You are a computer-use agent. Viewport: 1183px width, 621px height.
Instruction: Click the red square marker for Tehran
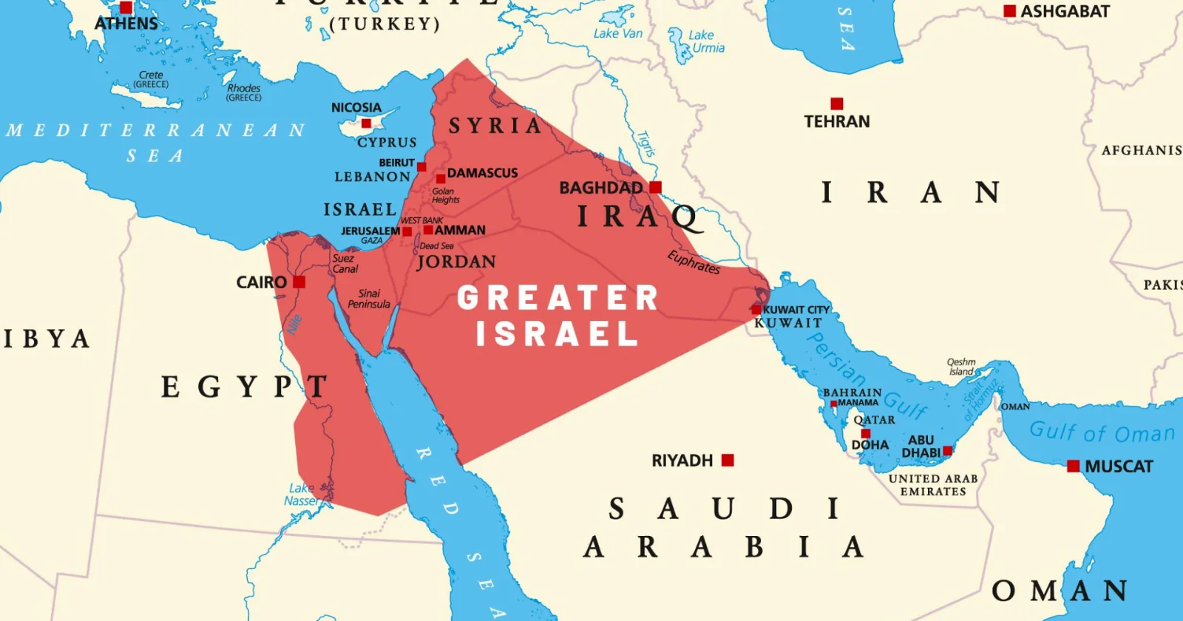click(836, 103)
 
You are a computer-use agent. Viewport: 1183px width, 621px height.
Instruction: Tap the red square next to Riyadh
click(728, 460)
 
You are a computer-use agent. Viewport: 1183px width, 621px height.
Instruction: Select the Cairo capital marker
click(299, 282)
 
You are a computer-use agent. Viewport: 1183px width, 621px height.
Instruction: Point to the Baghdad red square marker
click(655, 187)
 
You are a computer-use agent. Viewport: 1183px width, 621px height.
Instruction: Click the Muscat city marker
click(1074, 466)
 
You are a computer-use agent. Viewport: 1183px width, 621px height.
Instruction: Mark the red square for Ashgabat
click(1009, 11)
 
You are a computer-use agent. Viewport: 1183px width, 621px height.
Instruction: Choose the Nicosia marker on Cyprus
click(366, 123)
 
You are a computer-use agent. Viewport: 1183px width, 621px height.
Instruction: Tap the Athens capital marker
click(126, 7)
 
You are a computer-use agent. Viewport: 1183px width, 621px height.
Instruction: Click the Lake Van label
click(617, 33)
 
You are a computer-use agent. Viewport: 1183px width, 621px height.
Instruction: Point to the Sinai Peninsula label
click(369, 299)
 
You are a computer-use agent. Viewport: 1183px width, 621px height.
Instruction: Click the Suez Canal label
click(345, 264)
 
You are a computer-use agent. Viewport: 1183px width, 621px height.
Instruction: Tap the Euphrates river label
click(694, 262)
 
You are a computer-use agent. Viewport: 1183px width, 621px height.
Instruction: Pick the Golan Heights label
click(445, 195)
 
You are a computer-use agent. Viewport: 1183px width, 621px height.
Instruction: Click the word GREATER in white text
click(557, 298)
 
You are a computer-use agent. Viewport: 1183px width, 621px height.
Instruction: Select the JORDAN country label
click(456, 262)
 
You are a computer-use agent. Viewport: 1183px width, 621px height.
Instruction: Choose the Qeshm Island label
click(961, 367)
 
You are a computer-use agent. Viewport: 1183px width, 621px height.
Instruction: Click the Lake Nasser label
click(302, 495)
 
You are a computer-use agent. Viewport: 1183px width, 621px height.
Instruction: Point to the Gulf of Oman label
click(1101, 432)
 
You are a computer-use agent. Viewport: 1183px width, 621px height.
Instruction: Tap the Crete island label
click(151, 79)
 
